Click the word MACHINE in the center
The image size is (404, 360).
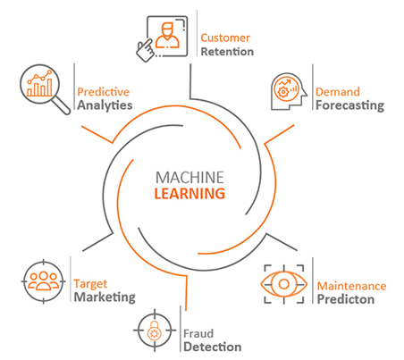pyautogui.click(x=189, y=178)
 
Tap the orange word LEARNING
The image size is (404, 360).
pyautogui.click(x=189, y=194)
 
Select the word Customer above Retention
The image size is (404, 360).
pyautogui.click(x=225, y=38)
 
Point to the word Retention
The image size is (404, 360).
pyautogui.click(x=227, y=52)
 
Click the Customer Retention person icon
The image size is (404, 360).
pyautogui.click(x=162, y=38)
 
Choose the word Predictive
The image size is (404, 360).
pyautogui.click(x=103, y=92)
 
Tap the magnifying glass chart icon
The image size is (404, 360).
pyautogui.click(x=45, y=89)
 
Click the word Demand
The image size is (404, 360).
pyautogui.click(x=338, y=92)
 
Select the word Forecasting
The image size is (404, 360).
pyautogui.click(x=349, y=105)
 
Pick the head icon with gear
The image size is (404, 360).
pyautogui.click(x=289, y=91)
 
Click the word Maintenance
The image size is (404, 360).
pyautogui.click(x=351, y=286)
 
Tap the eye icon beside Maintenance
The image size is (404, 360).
pyautogui.click(x=284, y=284)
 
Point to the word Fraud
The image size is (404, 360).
pyautogui.click(x=198, y=333)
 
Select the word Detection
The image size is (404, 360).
pyautogui.click(x=213, y=347)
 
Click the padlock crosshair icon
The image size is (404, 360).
pyautogui.click(x=155, y=331)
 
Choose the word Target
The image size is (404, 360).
pyautogui.click(x=90, y=284)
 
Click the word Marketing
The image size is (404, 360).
pyautogui.click(x=105, y=297)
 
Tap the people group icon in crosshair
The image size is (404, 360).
pyautogui.click(x=44, y=281)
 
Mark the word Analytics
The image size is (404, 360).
pyautogui.click(x=105, y=105)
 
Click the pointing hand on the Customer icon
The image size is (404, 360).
pyautogui.click(x=146, y=50)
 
